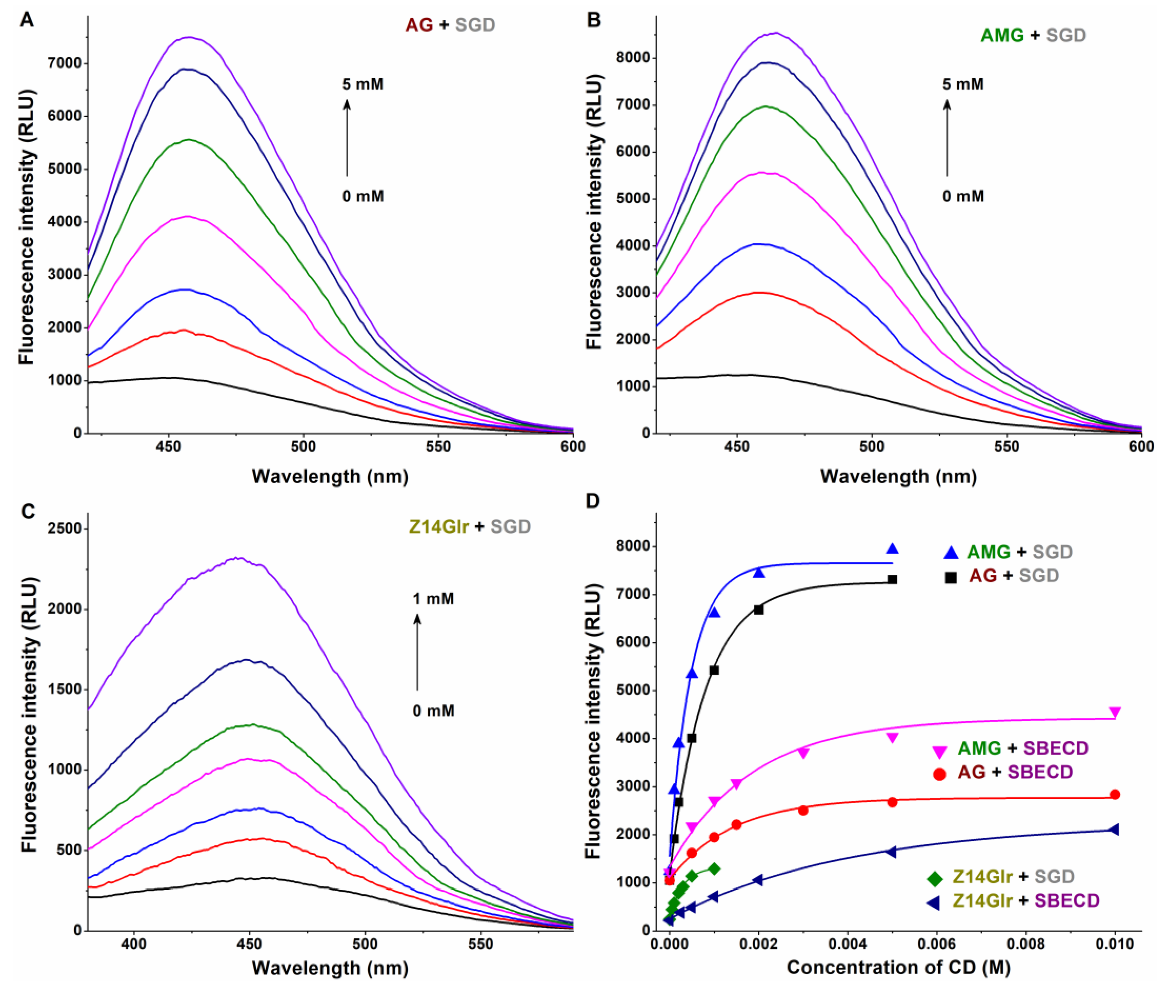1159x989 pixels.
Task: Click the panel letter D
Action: [x=592, y=501]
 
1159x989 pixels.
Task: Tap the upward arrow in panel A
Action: [x=347, y=137]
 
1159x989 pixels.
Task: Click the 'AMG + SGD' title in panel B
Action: [x=1032, y=35]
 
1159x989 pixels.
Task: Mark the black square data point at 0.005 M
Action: [x=892, y=580]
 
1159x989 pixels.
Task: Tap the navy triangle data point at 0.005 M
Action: [x=892, y=852]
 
